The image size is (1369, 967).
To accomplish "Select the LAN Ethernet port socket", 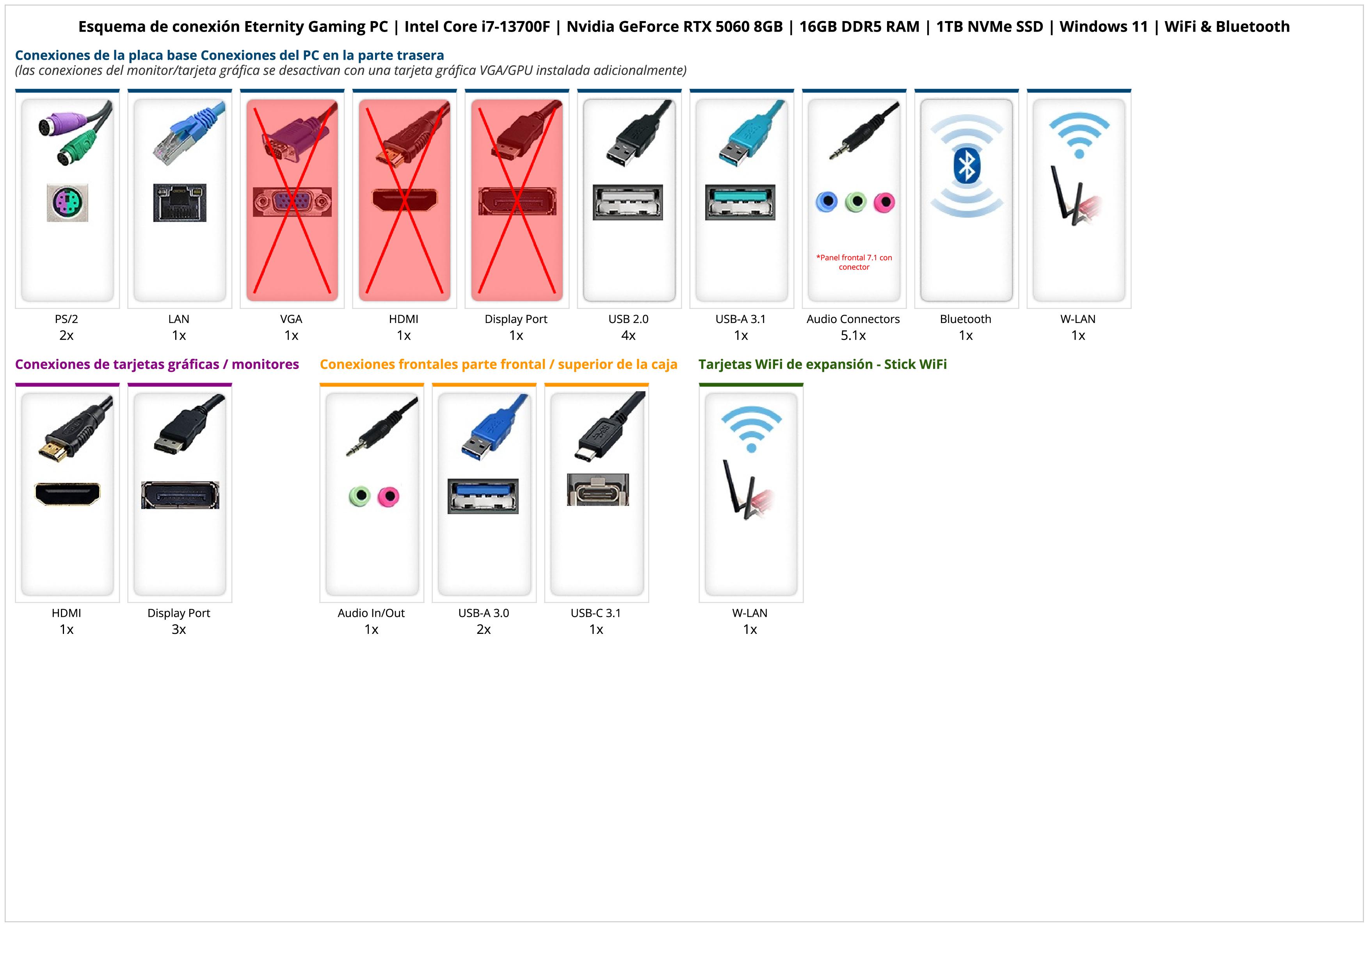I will pyautogui.click(x=180, y=202).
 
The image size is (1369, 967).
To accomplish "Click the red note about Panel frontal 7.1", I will pyautogui.click(x=854, y=262).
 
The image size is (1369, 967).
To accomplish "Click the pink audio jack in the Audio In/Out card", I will pyautogui.click(x=388, y=496).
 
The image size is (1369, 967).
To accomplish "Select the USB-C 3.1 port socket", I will pyautogui.click(x=597, y=490).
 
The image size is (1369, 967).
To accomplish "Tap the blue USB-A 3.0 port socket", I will pyautogui.click(x=483, y=496).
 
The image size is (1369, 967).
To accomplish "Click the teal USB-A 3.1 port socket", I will pyautogui.click(x=740, y=202).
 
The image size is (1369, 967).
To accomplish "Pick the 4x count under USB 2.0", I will pyautogui.click(x=628, y=335).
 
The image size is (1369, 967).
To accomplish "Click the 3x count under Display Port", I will pyautogui.click(x=179, y=630).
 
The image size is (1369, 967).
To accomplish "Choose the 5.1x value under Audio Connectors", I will pyautogui.click(x=853, y=335).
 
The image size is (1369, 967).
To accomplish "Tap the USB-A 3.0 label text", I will pyautogui.click(x=484, y=613).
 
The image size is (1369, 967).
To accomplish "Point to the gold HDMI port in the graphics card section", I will pyautogui.click(x=68, y=493).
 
